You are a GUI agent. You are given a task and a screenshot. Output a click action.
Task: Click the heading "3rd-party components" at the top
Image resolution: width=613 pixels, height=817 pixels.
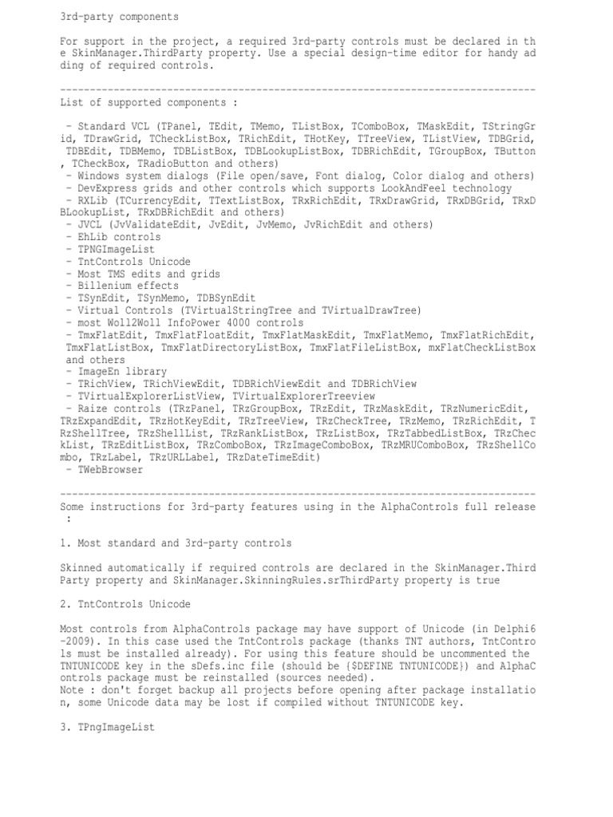point(119,16)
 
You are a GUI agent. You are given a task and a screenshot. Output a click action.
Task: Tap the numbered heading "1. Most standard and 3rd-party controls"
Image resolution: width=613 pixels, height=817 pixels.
point(176,543)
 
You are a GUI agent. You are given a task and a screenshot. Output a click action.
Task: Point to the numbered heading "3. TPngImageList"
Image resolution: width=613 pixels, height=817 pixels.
point(107,728)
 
